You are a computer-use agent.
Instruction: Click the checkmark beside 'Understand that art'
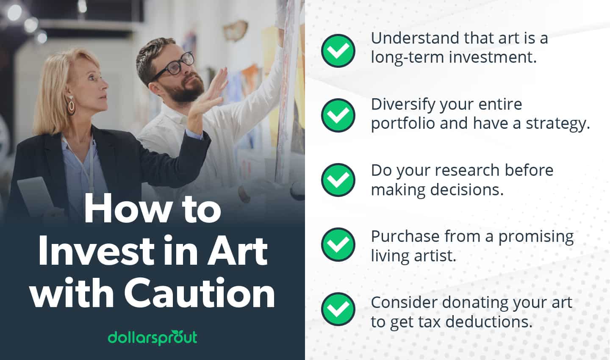[338, 50]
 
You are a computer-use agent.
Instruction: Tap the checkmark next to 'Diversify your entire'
[338, 115]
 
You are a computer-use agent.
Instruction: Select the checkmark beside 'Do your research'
[338, 180]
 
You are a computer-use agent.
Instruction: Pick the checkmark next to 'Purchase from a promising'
[338, 244]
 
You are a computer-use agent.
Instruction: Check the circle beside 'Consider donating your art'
[338, 309]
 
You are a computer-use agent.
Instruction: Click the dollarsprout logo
[152, 338]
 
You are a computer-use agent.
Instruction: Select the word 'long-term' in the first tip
[407, 57]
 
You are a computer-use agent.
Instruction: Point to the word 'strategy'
[557, 124]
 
